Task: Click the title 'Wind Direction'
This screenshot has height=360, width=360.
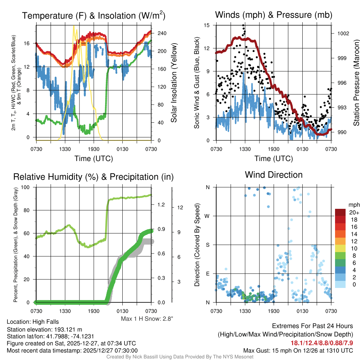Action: pyautogui.click(x=274, y=175)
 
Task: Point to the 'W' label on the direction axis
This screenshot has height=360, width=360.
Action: pyautogui.click(x=207, y=216)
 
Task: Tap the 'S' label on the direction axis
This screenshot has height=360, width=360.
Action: pyautogui.click(x=207, y=245)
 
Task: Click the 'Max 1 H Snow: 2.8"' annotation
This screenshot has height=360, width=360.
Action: pyautogui.click(x=147, y=319)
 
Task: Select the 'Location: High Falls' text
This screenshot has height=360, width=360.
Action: pyautogui.click(x=33, y=322)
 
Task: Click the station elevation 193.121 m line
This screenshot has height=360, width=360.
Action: pyautogui.click(x=44, y=329)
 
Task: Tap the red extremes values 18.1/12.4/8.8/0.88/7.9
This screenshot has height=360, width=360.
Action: pyautogui.click(x=322, y=343)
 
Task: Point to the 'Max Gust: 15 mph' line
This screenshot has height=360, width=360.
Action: pyautogui.click(x=298, y=351)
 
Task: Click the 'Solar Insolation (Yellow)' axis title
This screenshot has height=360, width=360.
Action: pyautogui.click(x=174, y=83)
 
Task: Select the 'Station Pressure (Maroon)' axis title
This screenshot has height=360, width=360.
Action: pyautogui.click(x=356, y=83)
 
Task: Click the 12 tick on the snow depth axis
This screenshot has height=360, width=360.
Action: pyautogui.click(x=180, y=207)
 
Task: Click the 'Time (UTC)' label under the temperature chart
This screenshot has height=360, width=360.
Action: pyautogui.click(x=94, y=159)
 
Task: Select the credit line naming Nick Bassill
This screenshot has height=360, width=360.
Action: pyautogui.click(x=180, y=357)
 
